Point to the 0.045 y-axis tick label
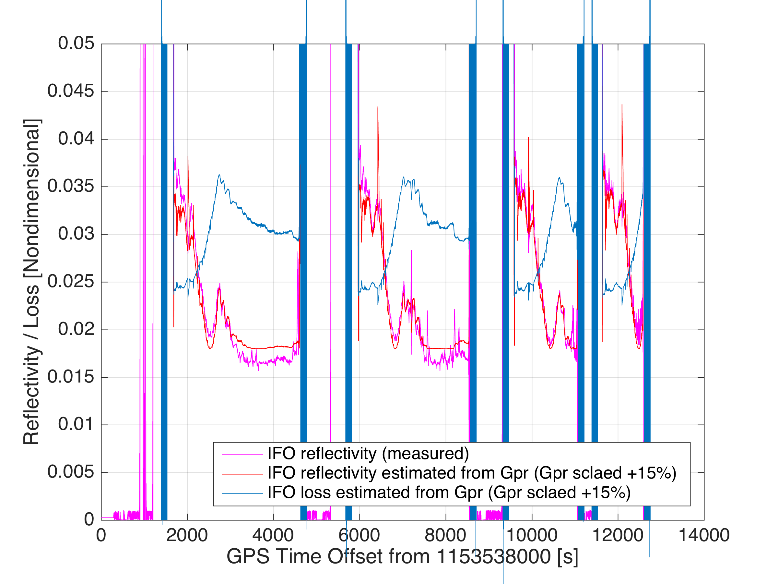tap(71, 91)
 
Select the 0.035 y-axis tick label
tap(71, 186)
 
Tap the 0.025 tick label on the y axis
tap(71, 282)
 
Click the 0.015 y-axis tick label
tap(71, 377)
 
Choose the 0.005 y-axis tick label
tap(71, 472)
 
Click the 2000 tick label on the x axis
tap(187, 535)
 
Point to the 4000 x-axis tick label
tap(273, 535)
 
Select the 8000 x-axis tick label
tap(445, 535)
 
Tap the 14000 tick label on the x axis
tap(704, 535)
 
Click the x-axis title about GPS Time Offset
tap(402, 557)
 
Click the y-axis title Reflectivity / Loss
tap(32, 282)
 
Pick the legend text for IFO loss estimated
tap(449, 493)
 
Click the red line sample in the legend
tap(242, 474)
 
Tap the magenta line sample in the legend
tap(242, 455)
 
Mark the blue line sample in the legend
tap(242, 493)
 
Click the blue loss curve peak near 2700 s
tap(219, 175)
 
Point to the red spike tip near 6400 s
tap(378, 107)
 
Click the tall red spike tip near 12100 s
tap(622, 105)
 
